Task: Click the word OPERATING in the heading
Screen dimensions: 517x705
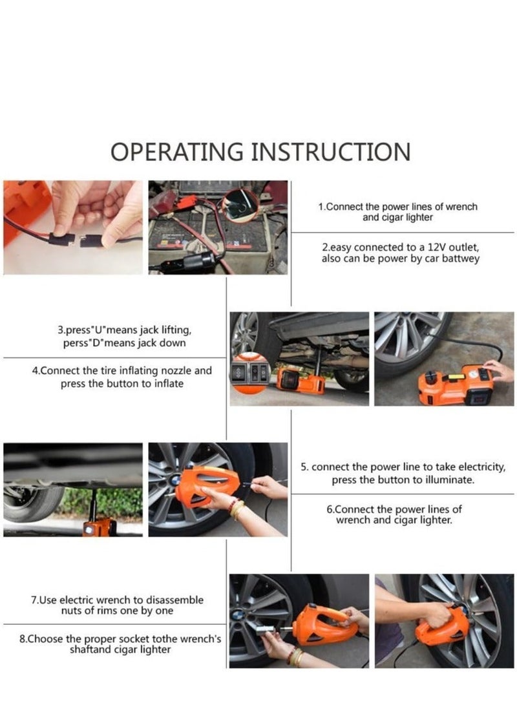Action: (176, 151)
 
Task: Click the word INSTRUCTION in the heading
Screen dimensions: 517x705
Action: (331, 151)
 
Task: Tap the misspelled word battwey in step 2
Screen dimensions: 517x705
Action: (460, 259)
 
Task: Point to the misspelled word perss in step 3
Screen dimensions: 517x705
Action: (74, 343)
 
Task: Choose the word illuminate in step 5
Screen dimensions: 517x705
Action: (451, 479)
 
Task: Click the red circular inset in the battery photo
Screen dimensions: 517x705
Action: (241, 205)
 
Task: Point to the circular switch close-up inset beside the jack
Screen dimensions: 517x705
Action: (250, 374)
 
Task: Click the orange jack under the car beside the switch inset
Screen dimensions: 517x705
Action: (299, 381)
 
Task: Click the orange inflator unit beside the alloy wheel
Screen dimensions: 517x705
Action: (454, 385)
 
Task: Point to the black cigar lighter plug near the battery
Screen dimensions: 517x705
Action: (202, 261)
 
